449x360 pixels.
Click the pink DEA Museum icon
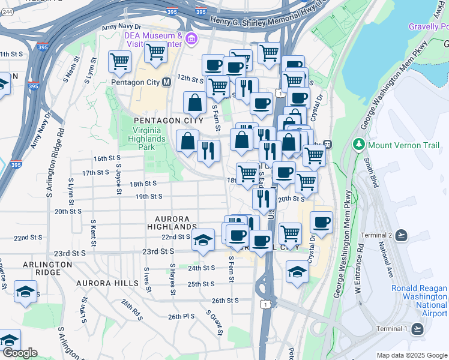click(191, 40)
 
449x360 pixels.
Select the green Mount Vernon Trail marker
click(359, 145)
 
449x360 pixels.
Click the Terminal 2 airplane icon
click(401, 234)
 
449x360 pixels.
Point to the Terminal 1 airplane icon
click(417, 328)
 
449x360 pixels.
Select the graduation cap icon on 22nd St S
click(203, 239)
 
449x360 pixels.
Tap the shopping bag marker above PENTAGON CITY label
click(195, 103)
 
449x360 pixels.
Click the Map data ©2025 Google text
click(411, 355)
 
